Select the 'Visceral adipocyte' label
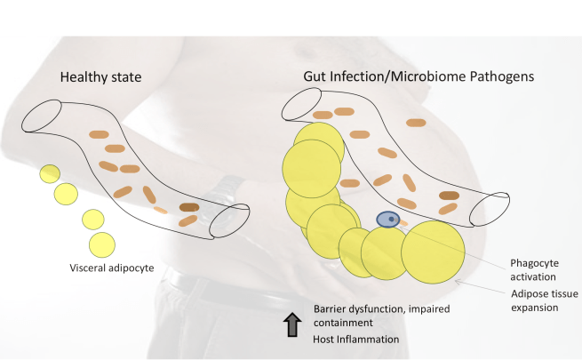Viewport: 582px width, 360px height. point(114,267)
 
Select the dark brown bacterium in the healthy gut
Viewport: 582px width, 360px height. point(189,207)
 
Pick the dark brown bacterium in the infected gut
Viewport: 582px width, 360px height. point(450,196)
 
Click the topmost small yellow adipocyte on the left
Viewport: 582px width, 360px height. point(47,173)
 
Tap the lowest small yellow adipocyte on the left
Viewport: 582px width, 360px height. point(102,241)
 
